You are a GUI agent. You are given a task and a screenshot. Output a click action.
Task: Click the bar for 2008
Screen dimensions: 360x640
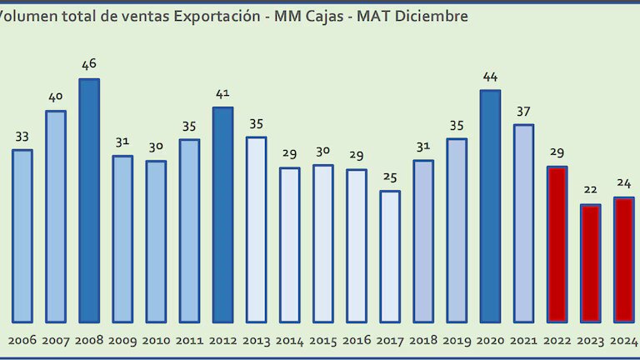coord(89,200)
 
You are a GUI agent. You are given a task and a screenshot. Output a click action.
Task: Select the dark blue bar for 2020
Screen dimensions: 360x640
coord(490,206)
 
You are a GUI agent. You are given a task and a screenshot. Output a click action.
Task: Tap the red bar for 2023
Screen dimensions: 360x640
coord(590,262)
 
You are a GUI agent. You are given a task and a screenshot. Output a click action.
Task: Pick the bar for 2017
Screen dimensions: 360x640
coord(390,256)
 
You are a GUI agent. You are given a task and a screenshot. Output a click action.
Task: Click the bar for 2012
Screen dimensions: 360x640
coord(222,214)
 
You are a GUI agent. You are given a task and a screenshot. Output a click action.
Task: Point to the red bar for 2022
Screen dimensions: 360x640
coord(557,244)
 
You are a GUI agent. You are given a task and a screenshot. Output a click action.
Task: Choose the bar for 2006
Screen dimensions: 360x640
coord(22,236)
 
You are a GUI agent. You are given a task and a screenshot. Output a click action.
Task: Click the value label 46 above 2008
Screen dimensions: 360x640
coord(89,64)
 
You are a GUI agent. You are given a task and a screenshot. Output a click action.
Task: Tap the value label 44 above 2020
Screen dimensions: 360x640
coord(490,77)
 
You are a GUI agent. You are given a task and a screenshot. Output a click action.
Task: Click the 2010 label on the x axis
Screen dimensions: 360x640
coord(156,340)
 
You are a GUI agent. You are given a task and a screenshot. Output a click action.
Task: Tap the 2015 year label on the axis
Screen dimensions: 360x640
coord(323,340)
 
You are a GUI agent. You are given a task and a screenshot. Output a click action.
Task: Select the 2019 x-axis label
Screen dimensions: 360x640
coord(457,340)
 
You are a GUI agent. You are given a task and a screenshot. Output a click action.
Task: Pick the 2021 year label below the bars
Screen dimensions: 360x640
coord(523,340)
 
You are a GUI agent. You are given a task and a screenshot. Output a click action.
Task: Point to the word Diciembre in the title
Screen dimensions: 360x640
coord(432,16)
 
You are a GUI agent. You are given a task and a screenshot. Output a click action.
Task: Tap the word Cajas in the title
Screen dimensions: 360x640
coord(321,16)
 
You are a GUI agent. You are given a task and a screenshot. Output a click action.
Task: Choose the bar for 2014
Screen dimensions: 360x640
coord(289,244)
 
